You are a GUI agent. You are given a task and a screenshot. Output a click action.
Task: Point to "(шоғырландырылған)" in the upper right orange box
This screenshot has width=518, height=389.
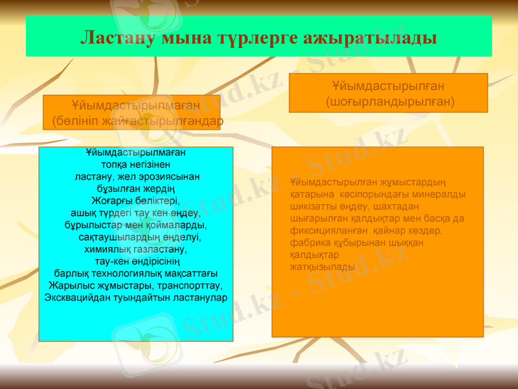pyautogui.click(x=389, y=101)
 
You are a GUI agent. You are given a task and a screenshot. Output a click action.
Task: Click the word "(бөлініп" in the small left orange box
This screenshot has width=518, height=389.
pyautogui.click(x=74, y=121)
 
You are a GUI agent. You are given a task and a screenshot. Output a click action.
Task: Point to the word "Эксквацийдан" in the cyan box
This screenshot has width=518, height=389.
pyautogui.click(x=75, y=297)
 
